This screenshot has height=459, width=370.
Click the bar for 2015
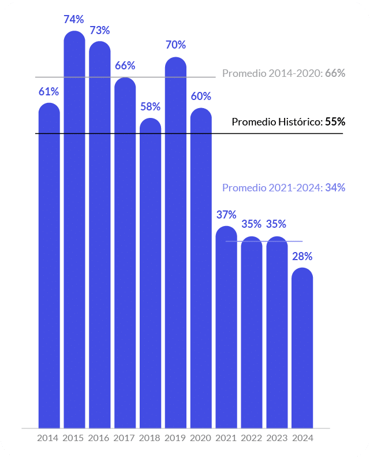coord(74,231)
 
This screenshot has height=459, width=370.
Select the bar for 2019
coord(175,243)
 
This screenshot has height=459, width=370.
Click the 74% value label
coord(74,20)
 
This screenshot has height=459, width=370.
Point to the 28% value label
coord(302,256)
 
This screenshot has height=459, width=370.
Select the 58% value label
coord(150,107)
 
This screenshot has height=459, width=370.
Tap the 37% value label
coord(226,214)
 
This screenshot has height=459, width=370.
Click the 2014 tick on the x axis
coord(48,438)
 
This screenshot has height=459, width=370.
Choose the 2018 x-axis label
coord(150,438)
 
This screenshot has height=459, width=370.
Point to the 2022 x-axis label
coord(252,438)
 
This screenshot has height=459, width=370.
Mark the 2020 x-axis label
coord(201,438)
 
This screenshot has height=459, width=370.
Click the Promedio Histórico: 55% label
coord(288,122)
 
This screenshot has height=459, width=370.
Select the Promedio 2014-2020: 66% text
coord(283,73)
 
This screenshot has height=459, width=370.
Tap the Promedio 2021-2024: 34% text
coord(283,188)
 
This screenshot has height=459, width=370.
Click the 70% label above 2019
coord(175,45)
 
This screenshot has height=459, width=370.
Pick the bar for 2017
coord(125,254)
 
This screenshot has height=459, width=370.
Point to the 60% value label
coord(201,96)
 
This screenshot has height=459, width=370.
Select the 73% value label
coord(99,30)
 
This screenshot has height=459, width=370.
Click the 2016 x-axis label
coord(99,438)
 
